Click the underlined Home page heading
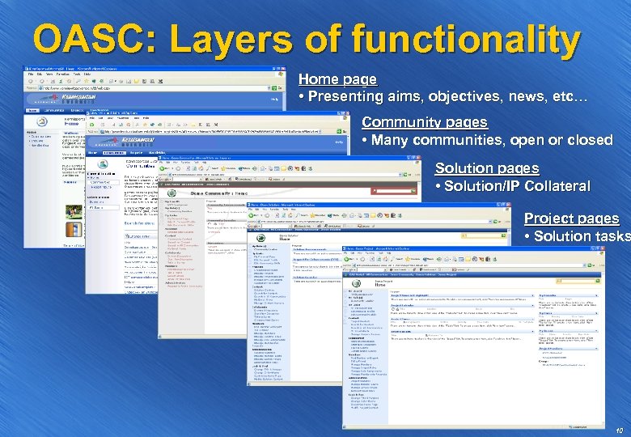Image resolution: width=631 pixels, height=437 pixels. pyautogui.click(x=337, y=79)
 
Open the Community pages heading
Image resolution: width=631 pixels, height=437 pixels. pyautogui.click(x=424, y=122)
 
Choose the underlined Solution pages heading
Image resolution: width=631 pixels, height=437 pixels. pyautogui.click(x=486, y=168)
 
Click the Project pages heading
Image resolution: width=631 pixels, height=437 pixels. pyautogui.click(x=571, y=218)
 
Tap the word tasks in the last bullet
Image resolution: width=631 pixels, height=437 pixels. pyautogui.click(x=610, y=236)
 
